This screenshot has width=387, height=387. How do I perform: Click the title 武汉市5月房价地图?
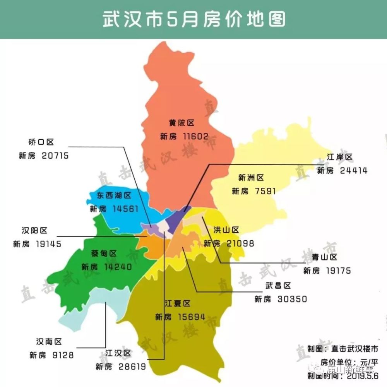coord(193,19)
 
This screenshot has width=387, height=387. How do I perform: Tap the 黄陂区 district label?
coord(181,123)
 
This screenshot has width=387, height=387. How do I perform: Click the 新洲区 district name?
coord(251,178)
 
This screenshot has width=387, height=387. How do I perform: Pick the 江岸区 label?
coord(340,158)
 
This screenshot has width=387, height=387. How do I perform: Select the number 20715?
coord(53,156)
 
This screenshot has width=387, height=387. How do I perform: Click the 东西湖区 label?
coord(114,195)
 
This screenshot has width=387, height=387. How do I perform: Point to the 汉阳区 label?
coord(34,231)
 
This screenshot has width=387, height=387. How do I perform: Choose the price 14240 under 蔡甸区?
coord(118,267)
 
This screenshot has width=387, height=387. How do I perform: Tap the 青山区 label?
coord(325,257)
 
